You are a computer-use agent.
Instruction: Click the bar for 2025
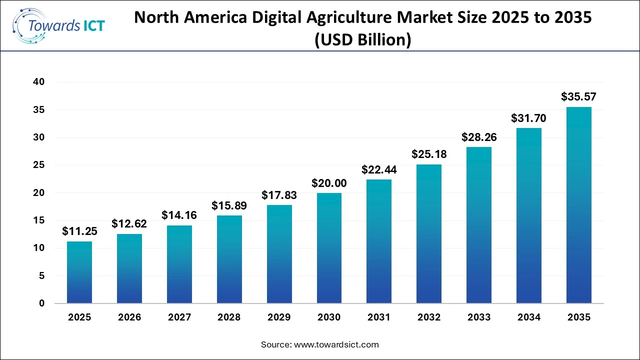point(79,272)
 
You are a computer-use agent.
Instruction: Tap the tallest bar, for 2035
point(578,205)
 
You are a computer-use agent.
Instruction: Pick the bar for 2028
point(229,259)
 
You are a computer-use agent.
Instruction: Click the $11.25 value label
point(79,231)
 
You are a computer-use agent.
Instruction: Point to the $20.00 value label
point(329,183)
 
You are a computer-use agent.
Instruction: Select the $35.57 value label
point(578,96)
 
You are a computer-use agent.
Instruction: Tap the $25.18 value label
point(429,154)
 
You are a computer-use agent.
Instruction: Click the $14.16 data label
point(179,215)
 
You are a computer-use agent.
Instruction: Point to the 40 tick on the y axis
point(39,82)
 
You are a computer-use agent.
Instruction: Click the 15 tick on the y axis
point(39,220)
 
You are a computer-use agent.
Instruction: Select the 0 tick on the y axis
point(42,303)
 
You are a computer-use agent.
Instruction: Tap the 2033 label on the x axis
point(479,317)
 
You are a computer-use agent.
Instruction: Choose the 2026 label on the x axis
point(129,317)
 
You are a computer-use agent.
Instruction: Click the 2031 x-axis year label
point(379,317)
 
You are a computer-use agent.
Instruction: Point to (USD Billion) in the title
point(363,40)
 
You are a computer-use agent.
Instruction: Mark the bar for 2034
point(528,215)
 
